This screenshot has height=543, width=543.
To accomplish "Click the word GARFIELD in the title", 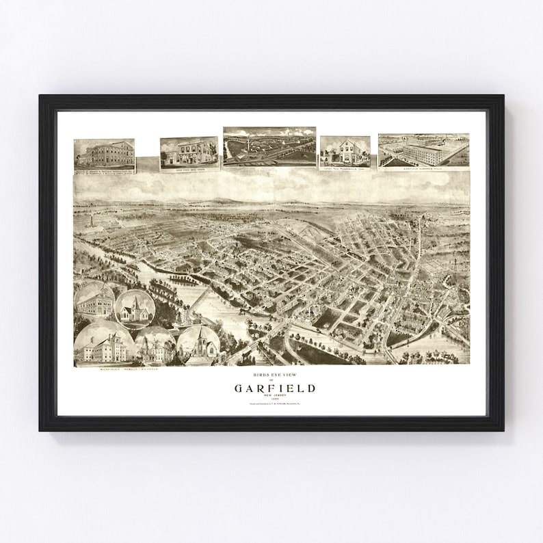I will click(275, 388).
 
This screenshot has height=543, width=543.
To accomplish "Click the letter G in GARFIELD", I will click(239, 388).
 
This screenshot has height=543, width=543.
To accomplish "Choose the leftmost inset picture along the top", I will click(104, 155).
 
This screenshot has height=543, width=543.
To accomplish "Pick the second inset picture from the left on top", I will click(189, 153).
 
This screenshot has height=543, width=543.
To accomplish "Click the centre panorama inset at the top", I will click(269, 146).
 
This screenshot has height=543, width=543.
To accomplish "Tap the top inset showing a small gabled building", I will click(345, 151).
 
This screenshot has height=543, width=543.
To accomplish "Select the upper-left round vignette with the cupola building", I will click(94, 300).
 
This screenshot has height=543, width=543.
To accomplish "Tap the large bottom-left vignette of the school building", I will click(103, 345).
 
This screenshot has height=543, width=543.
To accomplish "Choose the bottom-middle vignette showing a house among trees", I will click(155, 347).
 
